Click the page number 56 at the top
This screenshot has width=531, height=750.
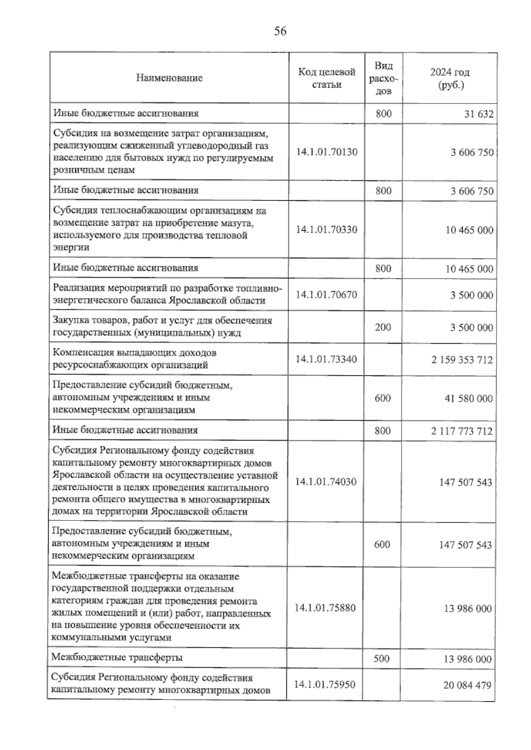point(280,31)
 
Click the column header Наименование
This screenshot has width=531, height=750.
point(169,78)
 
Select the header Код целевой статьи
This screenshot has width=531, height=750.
point(327,78)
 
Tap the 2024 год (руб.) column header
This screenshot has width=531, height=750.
point(450,78)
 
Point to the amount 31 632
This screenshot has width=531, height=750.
point(479,114)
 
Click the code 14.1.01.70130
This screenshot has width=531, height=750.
point(327,152)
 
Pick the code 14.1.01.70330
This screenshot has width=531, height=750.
point(327,230)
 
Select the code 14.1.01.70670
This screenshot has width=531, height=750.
point(327,295)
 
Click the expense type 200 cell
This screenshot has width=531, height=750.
point(383,327)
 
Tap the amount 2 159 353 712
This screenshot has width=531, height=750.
point(462,360)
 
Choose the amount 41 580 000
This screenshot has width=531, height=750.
point(468,398)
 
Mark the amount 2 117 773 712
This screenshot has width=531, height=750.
point(462,431)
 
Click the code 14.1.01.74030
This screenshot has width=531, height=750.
point(326,482)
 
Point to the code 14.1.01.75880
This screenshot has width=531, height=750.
point(325,608)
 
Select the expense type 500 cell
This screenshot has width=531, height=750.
point(381,658)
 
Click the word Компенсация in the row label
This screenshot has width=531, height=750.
point(81,353)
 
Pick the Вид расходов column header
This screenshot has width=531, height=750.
point(383,78)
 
